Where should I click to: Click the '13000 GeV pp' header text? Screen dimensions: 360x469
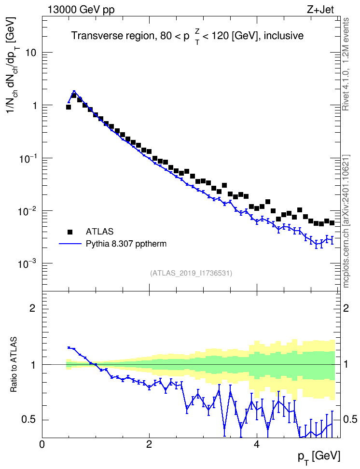[81, 10]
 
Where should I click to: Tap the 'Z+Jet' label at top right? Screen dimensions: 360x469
[320, 10]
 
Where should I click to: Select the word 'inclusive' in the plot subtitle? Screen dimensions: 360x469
[283, 36]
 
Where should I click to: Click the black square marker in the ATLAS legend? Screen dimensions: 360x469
[70, 232]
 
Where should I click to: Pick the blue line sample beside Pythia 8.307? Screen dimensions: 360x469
[70, 244]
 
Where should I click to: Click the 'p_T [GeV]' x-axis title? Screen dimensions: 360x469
[319, 457]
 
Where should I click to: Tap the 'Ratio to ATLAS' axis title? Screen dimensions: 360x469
[14, 364]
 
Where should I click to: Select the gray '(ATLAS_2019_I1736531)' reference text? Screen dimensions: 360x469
[191, 273]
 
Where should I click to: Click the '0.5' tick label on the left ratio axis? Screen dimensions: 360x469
[29, 420]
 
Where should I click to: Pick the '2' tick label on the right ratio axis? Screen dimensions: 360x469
[346, 308]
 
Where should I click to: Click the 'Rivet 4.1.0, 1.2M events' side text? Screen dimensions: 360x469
[346, 64]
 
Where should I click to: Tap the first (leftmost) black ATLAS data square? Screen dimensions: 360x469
[69, 107]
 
